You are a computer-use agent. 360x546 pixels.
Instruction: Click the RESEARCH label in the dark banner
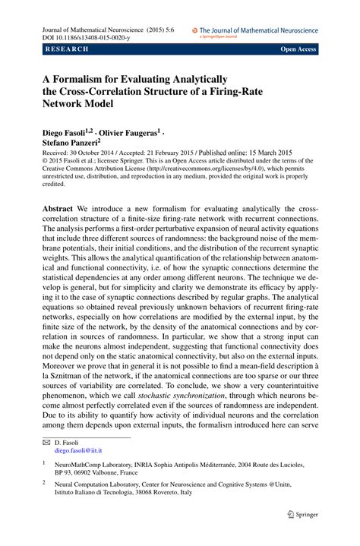tap(67, 49)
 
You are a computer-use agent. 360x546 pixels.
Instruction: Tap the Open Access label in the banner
tap(298, 49)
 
